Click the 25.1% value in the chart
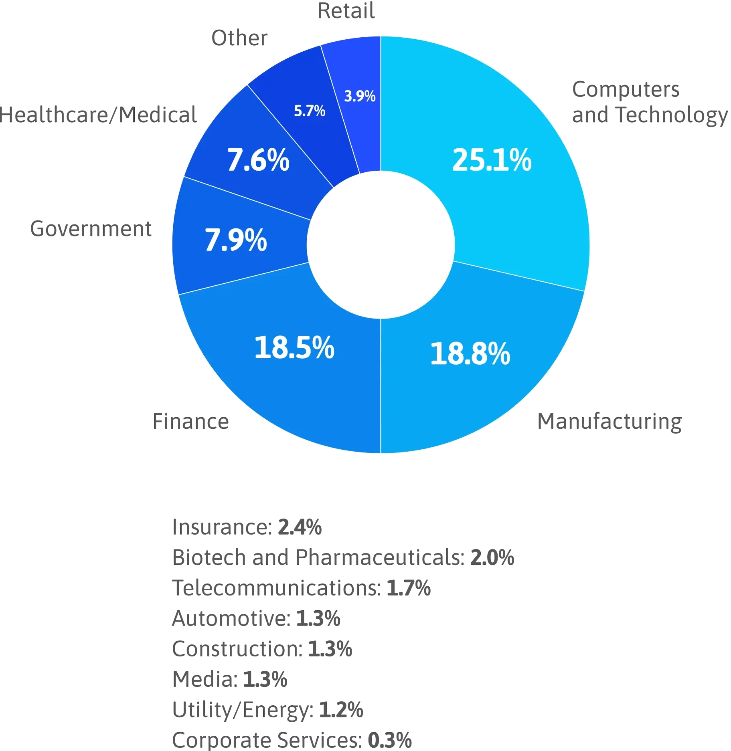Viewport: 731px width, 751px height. click(x=492, y=160)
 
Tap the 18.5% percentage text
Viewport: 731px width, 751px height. click(x=294, y=347)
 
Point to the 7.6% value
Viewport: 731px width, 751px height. click(x=258, y=160)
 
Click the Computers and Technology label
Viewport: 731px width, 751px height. click(x=648, y=102)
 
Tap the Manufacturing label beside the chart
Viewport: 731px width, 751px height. click(x=608, y=421)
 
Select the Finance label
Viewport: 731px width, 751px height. click(x=192, y=421)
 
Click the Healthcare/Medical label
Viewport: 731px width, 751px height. click(x=99, y=115)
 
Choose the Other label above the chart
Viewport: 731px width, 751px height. click(x=240, y=38)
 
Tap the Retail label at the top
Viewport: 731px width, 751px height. click(x=346, y=10)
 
